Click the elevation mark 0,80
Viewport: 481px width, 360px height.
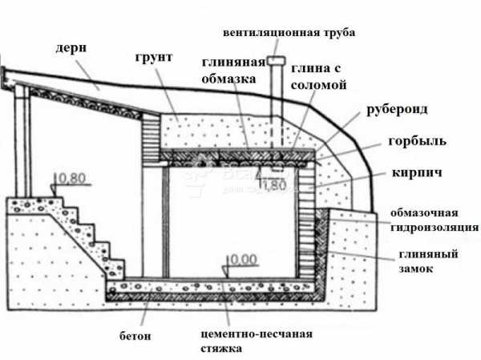point(71,177)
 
